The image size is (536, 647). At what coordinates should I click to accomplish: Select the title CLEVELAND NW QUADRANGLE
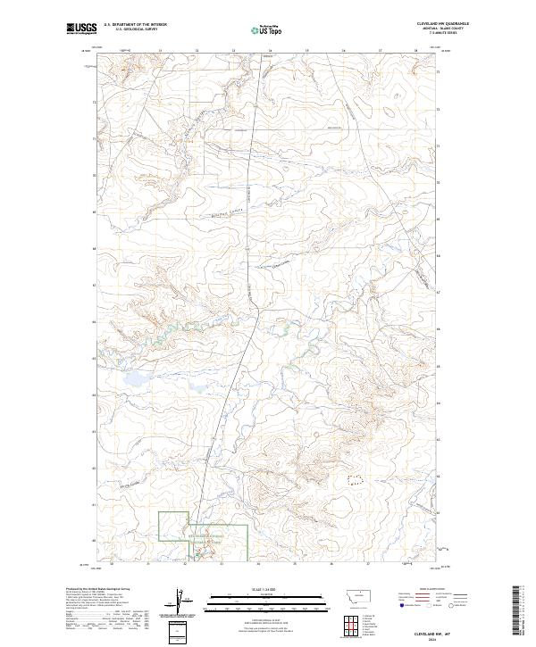441,24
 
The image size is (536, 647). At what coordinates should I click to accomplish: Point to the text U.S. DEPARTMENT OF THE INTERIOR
136,25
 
